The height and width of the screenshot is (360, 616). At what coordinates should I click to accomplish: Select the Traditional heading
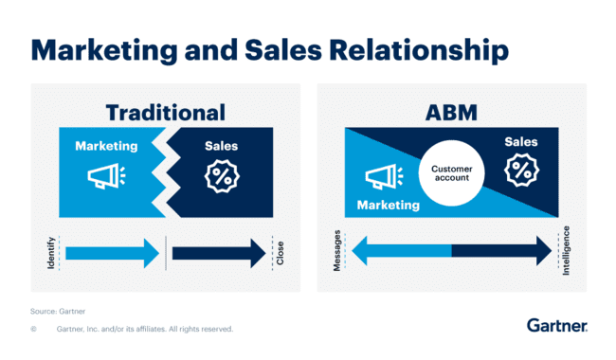pos(166,113)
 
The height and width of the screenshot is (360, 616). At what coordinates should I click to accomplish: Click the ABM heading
pos(449,113)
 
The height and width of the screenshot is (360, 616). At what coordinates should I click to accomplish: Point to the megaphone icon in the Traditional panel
pos(103,177)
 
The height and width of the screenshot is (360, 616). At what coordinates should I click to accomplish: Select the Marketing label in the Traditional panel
pos(106,147)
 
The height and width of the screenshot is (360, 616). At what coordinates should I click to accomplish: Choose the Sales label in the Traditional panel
pos(222,147)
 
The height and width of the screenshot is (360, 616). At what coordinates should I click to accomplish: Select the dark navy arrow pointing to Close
pos(218,253)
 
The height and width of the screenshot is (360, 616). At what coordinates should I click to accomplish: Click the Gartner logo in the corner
pos(557,326)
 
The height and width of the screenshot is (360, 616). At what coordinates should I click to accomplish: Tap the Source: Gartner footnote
pos(56,310)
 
